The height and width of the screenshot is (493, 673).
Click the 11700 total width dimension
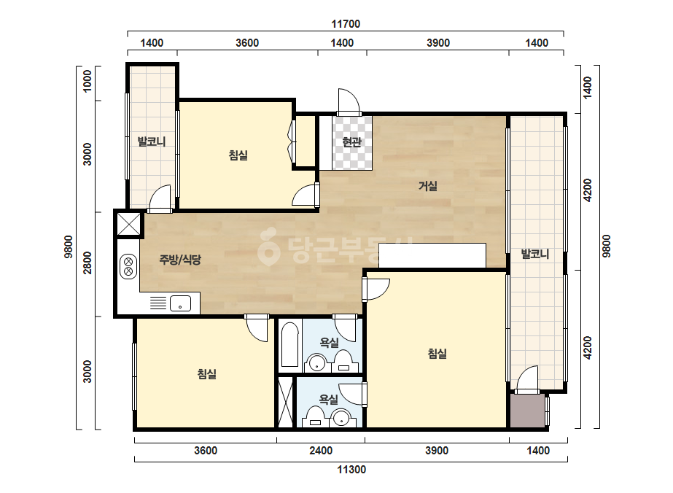point(346,24)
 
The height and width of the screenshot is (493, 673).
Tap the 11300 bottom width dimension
point(351,470)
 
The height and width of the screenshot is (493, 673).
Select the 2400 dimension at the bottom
point(321,451)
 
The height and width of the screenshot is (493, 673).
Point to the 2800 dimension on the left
point(87,263)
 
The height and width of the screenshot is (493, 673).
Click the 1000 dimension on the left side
point(87,81)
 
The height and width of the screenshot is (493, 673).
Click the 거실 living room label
point(428,186)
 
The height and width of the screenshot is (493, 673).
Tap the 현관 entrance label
point(352,141)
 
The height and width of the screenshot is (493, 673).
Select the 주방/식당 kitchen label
point(180,260)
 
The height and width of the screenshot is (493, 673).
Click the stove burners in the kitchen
point(128,266)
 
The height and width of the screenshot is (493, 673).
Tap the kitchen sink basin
point(180,303)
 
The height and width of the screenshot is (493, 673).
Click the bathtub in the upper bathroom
point(289,345)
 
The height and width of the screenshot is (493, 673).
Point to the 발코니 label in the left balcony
point(152,141)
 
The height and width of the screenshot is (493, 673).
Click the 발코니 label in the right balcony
point(535,254)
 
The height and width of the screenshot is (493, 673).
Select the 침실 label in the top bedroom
point(238,155)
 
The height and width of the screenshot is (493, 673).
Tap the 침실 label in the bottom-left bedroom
point(207,374)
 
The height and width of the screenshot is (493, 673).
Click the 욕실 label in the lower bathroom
point(329,400)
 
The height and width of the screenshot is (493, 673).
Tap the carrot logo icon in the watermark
point(268,246)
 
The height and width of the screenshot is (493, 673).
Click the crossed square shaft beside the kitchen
point(129,224)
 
